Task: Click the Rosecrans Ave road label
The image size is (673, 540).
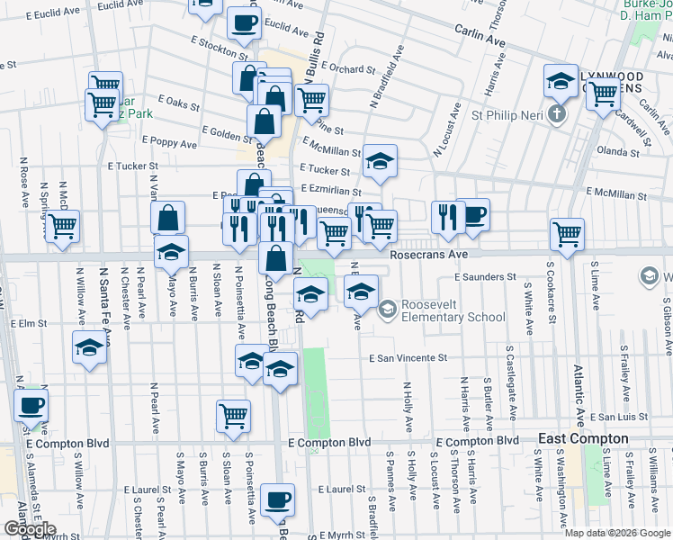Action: [429, 255]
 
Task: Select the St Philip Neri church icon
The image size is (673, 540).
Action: [557, 114]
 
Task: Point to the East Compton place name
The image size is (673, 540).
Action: [583, 438]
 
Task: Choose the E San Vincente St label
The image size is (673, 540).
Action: [408, 358]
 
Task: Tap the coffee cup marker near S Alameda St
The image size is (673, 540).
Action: [31, 406]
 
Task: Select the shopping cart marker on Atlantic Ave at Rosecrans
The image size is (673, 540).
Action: [567, 235]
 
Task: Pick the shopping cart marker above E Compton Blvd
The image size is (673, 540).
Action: [233, 416]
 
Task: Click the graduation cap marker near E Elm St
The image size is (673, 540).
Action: [88, 348]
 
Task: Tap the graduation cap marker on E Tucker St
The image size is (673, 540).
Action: [380, 162]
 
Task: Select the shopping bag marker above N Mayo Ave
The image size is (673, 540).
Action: [168, 219]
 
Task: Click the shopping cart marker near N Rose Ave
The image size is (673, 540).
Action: [62, 227]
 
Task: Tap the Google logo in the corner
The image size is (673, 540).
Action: [29, 530]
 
